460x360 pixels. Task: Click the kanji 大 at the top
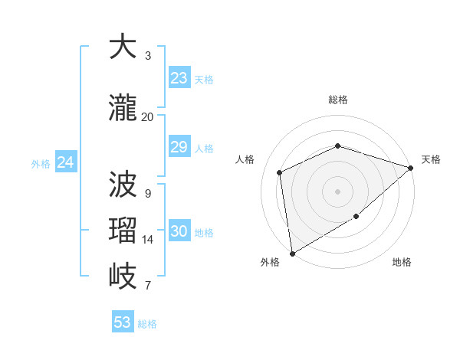point(123,47)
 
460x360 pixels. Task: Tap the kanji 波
point(123,184)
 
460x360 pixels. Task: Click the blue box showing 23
point(179,78)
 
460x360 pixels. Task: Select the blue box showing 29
point(179,147)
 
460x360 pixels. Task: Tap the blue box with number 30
point(179,232)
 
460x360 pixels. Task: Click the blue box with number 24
point(66,162)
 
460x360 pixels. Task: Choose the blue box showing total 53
point(123,322)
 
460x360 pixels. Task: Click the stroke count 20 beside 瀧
point(147,117)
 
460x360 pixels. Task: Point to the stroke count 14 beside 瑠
point(148,240)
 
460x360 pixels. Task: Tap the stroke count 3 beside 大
point(148,56)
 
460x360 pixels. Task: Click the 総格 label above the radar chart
point(338,100)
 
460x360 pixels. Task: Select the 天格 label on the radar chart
point(431,159)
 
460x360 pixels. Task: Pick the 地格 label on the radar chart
point(402,263)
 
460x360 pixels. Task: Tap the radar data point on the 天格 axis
point(411,168)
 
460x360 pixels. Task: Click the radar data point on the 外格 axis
point(292,253)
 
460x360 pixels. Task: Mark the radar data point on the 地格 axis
point(356,218)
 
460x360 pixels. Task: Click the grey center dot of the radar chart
point(337,191)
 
